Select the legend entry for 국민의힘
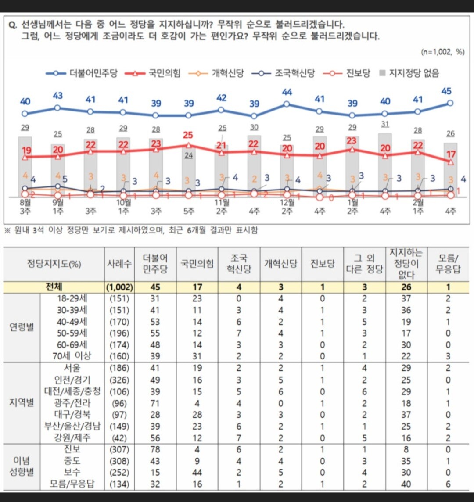click(x=152, y=73)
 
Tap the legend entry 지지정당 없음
click(x=409, y=73)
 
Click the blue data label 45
click(x=446, y=91)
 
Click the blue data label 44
click(x=287, y=92)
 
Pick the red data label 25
click(x=188, y=135)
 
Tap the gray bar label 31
click(x=385, y=125)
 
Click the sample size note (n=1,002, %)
click(x=442, y=52)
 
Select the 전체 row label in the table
click(x=54, y=287)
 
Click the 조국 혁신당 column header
click(x=240, y=264)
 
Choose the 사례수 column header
click(x=119, y=264)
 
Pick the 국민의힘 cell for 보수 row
click(x=197, y=473)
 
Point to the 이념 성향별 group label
click(x=22, y=466)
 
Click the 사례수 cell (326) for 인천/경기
click(x=119, y=380)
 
